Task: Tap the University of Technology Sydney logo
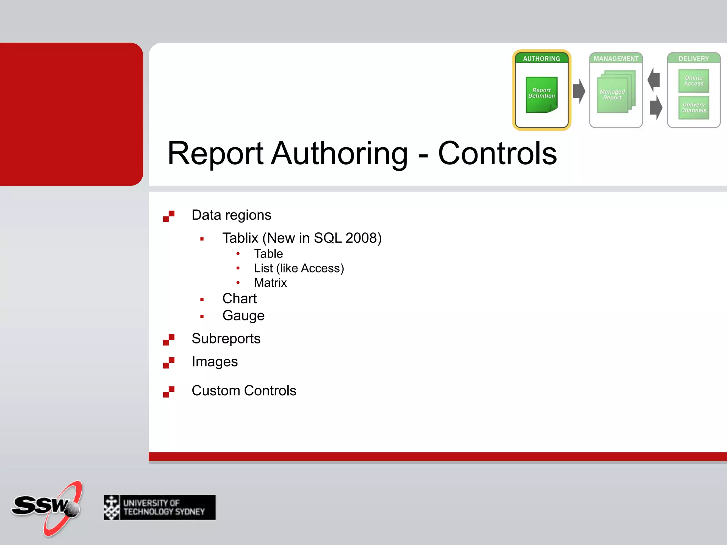[159, 507]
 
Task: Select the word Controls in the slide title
[497, 153]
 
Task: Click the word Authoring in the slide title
[339, 153]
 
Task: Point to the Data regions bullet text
[231, 215]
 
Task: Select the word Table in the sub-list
[268, 254]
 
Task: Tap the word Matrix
[270, 283]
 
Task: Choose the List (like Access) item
[299, 268]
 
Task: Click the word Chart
[239, 299]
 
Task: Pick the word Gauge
[243, 316]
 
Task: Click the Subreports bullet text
[226, 338]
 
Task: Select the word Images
[214, 362]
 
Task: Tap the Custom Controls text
[244, 391]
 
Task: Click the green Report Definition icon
[541, 94]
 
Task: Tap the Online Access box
[694, 81]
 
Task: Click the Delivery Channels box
[694, 108]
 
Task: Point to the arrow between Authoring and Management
[579, 91]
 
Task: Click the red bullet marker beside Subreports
[169, 340]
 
